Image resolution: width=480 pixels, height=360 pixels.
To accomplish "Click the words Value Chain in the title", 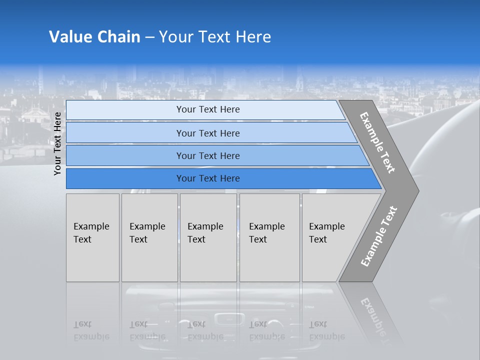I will (94, 37).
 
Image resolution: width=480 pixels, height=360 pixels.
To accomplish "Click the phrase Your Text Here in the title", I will (215, 37).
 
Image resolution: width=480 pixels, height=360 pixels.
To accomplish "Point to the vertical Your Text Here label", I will (57, 143).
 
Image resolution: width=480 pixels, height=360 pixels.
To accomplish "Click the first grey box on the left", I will (92, 237).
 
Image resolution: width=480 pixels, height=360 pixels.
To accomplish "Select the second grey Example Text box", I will (149, 237).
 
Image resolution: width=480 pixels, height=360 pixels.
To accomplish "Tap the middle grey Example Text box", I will (208, 237).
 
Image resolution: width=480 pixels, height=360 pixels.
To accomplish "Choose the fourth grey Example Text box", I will (269, 237).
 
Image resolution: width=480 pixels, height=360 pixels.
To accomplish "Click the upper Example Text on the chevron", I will (377, 142).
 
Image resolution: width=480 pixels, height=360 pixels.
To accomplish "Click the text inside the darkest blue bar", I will (208, 178).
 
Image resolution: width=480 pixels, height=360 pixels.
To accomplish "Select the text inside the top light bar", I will (208, 109).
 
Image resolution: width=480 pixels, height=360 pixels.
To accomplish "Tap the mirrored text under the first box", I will (91, 330).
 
